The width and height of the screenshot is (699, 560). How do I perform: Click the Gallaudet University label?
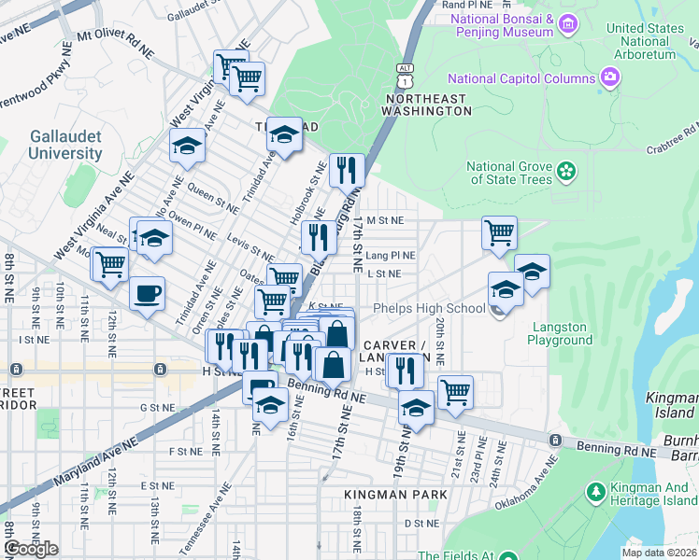65,145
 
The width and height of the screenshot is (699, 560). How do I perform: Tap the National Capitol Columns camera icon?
610,77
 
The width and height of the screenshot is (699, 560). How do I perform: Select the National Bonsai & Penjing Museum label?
503,25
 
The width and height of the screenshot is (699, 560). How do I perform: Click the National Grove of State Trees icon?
565,171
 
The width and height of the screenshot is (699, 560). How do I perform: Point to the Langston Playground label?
561,333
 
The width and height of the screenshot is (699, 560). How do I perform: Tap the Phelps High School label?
429,309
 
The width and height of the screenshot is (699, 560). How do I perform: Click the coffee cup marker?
147,294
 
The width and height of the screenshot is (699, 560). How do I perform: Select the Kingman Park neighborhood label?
396,494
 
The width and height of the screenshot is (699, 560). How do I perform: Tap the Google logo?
31,549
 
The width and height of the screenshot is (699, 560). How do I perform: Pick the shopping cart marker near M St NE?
499,232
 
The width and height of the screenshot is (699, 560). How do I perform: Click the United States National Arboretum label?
645,41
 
